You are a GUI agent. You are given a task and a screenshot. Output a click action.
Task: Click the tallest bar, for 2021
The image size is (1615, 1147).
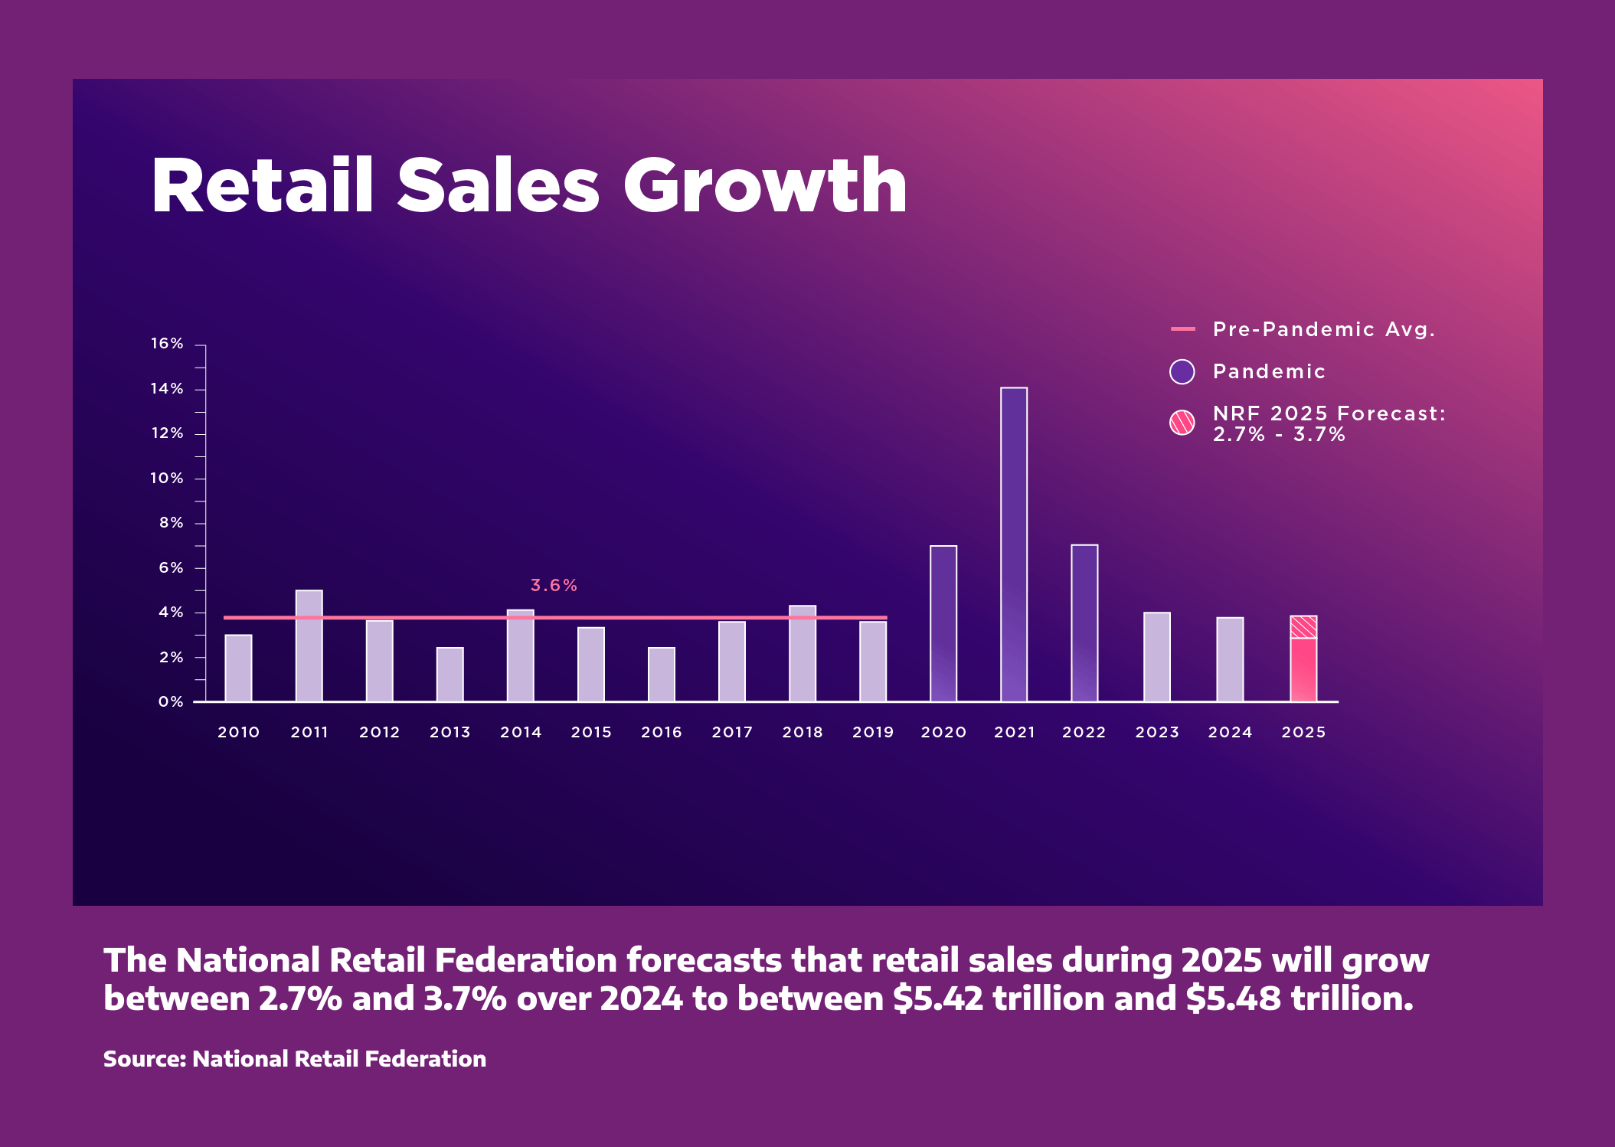[1014, 544]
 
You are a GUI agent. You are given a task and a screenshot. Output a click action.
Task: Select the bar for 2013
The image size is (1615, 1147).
[450, 674]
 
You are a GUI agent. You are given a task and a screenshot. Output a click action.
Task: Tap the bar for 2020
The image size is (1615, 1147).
[943, 623]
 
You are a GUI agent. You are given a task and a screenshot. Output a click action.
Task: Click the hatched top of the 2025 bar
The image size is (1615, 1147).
[1303, 627]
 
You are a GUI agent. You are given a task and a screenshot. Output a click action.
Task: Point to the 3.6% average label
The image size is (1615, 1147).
[554, 586]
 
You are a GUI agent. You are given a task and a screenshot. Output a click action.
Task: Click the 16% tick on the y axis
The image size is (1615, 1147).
[167, 344]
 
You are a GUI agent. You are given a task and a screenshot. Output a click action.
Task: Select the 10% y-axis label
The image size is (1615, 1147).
[167, 479]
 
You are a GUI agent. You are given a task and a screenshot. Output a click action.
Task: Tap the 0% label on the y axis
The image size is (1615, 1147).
[171, 702]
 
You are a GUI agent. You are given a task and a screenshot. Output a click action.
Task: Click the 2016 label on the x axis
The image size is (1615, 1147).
[662, 733]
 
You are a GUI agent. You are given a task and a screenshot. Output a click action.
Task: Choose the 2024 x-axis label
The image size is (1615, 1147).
[1230, 733]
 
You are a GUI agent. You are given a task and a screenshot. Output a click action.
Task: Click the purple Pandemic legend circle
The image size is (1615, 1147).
[1182, 371]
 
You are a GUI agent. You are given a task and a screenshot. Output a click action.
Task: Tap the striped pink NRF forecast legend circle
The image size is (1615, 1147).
[1182, 423]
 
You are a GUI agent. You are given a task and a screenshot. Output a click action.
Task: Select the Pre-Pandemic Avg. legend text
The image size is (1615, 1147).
[1324, 329]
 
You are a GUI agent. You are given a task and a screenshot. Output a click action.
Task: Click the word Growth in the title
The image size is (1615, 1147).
[765, 186]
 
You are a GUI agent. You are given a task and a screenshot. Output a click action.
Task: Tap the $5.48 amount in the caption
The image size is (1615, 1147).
[1233, 998]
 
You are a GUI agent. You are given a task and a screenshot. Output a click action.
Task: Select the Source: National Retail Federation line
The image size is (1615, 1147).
[295, 1059]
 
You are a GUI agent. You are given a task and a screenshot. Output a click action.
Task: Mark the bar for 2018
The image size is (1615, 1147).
[803, 653]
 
